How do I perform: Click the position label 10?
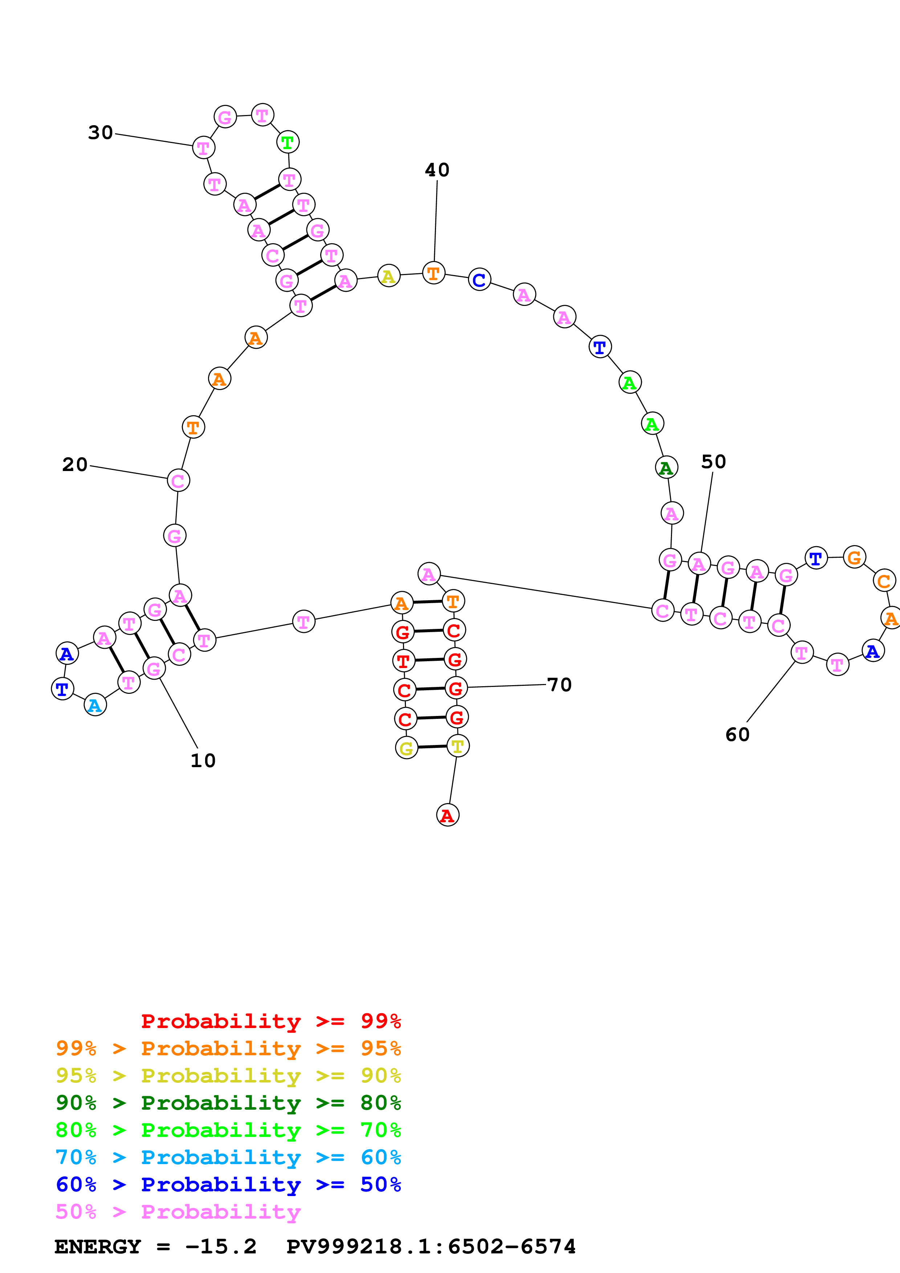[203, 760]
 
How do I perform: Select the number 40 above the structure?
[437, 170]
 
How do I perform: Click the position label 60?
[737, 734]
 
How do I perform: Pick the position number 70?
[559, 685]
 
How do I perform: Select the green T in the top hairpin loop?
[287, 143]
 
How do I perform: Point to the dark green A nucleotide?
[666, 468]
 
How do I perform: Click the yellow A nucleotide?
[389, 276]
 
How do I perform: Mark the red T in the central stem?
[403, 661]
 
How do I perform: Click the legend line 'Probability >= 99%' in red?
[270, 1021]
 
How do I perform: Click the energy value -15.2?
[221, 1247]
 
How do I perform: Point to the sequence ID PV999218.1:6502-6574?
[431, 1247]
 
